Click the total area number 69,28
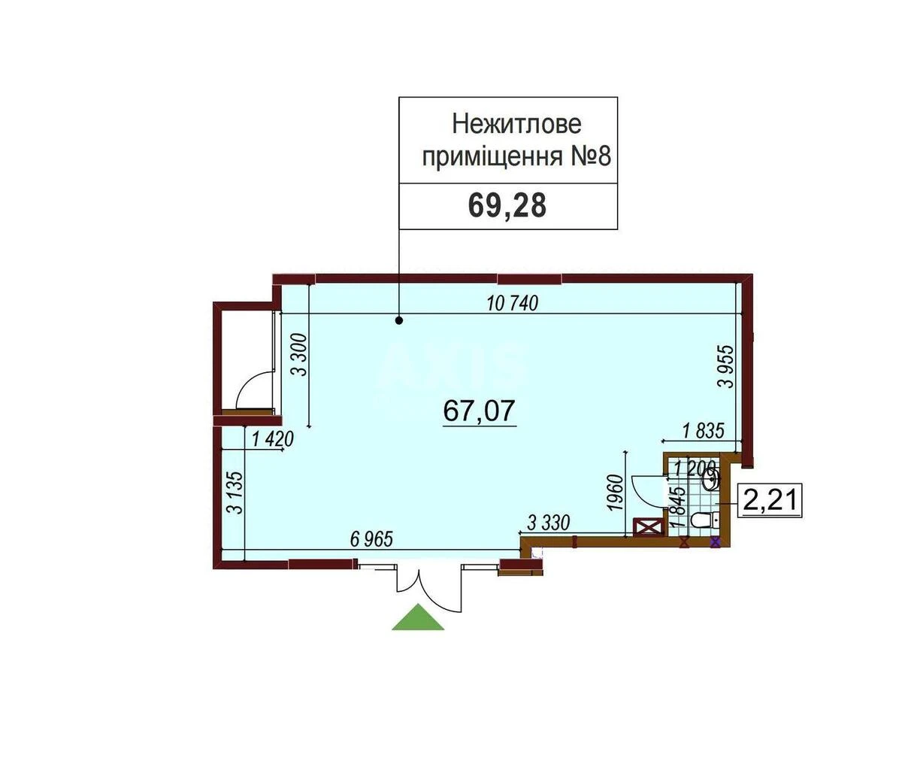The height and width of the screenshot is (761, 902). [x=507, y=205]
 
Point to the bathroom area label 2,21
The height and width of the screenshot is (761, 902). [x=769, y=500]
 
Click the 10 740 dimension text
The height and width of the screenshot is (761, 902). [x=513, y=304]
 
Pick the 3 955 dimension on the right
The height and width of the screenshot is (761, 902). [x=725, y=365]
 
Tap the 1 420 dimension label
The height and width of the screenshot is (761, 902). [x=271, y=439]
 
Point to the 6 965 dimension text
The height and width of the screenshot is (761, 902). [x=372, y=539]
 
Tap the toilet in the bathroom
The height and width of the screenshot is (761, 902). [x=702, y=519]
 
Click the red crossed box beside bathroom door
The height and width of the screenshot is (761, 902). [x=646, y=527]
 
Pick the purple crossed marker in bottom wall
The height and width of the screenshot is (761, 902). [x=715, y=541]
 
